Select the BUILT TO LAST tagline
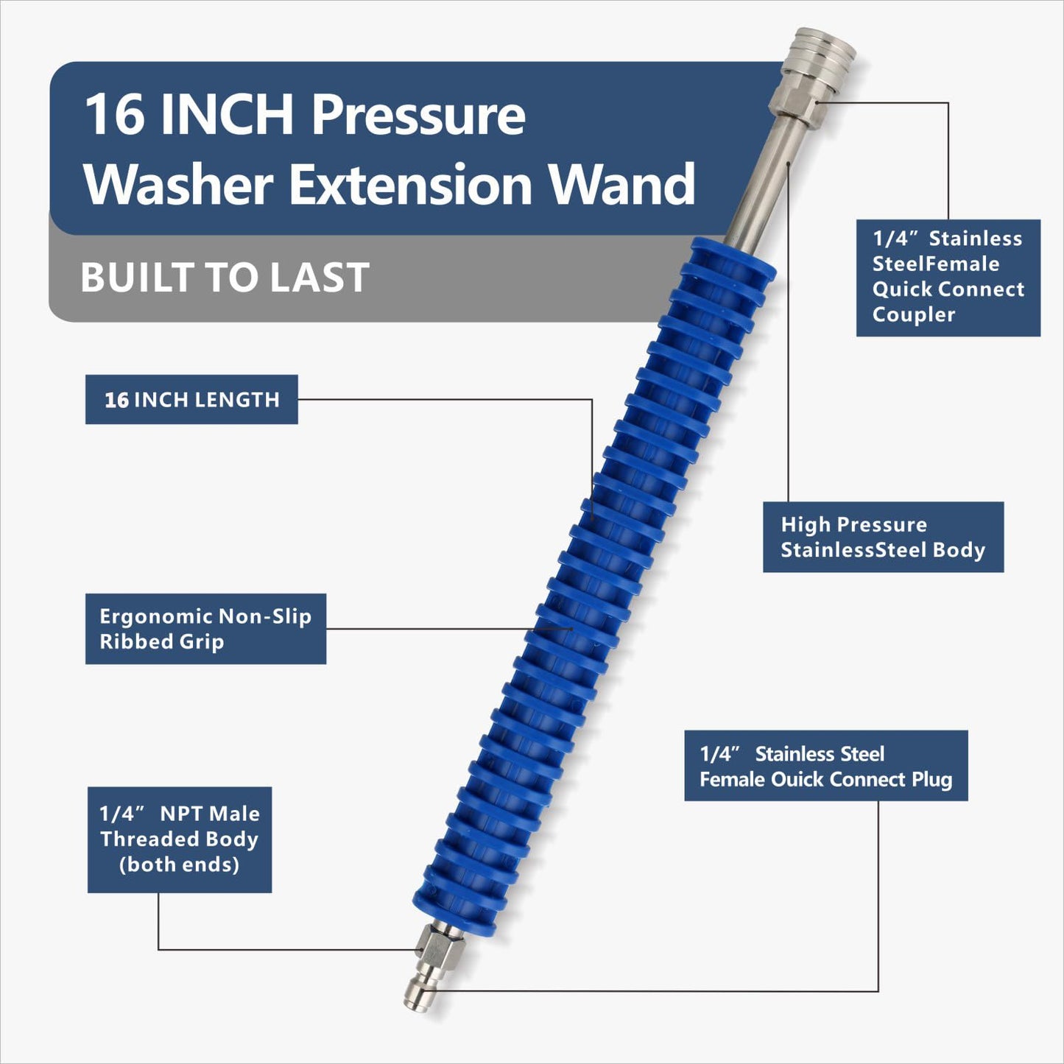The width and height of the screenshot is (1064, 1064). (225, 278)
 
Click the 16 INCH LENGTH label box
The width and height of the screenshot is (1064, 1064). (191, 400)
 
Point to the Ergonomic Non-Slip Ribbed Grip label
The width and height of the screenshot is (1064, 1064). (205, 629)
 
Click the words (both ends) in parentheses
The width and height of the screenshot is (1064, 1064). (180, 864)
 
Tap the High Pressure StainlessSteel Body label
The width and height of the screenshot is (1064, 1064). (883, 537)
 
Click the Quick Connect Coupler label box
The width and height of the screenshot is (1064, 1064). (948, 278)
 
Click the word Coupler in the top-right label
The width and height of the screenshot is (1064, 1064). (913, 315)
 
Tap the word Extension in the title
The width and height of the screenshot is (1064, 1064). (411, 184)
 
